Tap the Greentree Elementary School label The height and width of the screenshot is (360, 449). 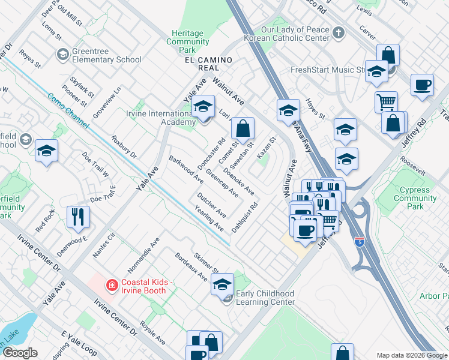point(107,55)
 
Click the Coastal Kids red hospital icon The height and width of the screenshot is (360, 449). point(110,284)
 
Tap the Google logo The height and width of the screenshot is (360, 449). point(20,353)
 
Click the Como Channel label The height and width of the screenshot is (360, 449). point(66,107)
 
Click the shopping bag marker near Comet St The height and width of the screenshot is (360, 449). point(243,128)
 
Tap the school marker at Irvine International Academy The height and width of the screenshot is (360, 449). point(203,107)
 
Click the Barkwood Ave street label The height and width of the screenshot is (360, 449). point(186,170)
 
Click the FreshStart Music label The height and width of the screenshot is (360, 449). point(328,70)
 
